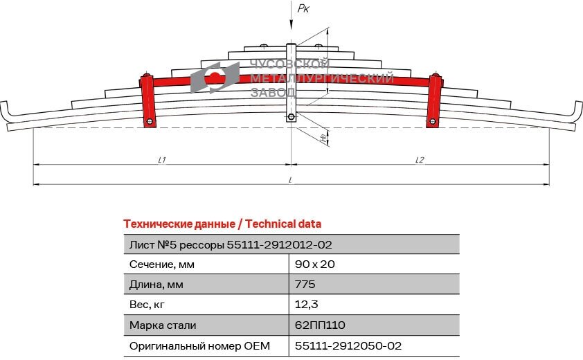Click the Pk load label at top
pos(303,9)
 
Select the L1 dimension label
pos(161,160)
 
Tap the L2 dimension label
pos(420,160)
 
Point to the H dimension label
pos(323,137)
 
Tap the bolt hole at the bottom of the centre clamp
pos(291,117)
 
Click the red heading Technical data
pos(222,224)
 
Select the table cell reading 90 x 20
pos(315,264)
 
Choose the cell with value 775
pos(305,285)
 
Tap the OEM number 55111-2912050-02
pos(348,345)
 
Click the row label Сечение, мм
pos(162,264)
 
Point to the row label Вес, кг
pos(148,305)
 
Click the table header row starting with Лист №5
pos(291,244)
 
